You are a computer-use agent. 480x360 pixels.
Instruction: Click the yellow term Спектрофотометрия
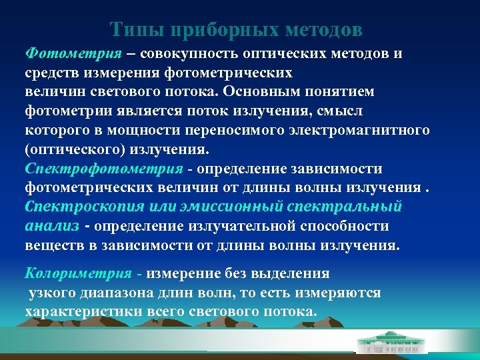point(104,168)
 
